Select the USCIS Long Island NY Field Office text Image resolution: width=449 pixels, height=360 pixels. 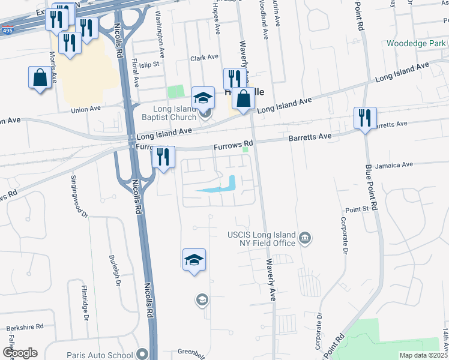(x=261, y=239)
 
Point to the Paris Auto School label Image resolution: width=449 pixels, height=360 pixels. (x=100, y=355)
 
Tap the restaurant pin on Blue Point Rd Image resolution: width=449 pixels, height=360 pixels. (x=364, y=118)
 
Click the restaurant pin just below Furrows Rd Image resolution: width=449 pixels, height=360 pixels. (x=163, y=158)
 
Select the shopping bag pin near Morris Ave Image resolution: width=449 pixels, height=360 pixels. (x=40, y=78)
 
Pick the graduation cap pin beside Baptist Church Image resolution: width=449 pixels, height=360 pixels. (x=203, y=98)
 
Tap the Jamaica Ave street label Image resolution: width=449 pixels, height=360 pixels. (x=394, y=164)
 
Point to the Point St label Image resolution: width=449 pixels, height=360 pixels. (x=357, y=209)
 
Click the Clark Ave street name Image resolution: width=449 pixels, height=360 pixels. (x=204, y=58)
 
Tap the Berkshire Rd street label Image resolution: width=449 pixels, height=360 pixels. (x=25, y=328)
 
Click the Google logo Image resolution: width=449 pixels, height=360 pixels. (x=20, y=353)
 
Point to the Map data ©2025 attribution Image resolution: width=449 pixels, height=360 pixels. (x=423, y=355)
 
